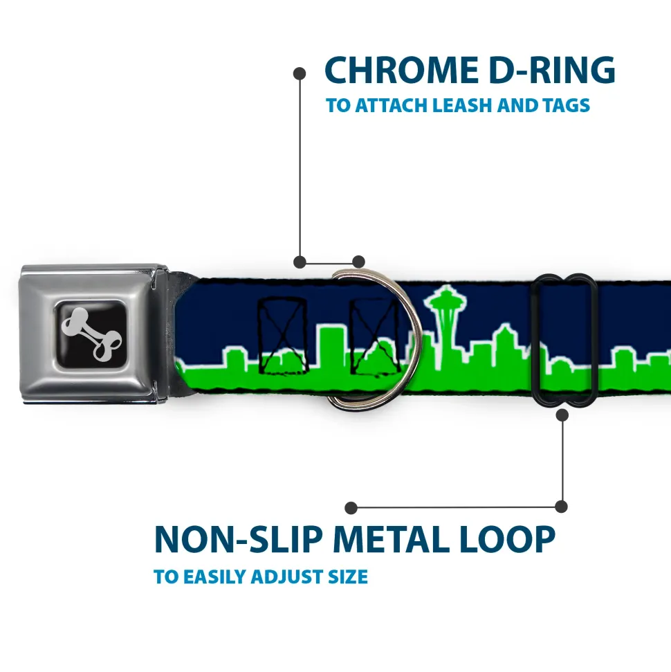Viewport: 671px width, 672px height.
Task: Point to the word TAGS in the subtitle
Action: [564, 106]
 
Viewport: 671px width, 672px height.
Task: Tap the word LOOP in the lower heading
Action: [508, 540]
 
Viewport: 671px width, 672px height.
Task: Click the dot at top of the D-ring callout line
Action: [300, 72]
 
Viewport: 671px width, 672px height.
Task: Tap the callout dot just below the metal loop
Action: [562, 415]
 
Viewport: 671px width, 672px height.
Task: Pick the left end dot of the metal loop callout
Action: [351, 507]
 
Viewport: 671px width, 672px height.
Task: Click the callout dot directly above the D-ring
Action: [358, 262]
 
